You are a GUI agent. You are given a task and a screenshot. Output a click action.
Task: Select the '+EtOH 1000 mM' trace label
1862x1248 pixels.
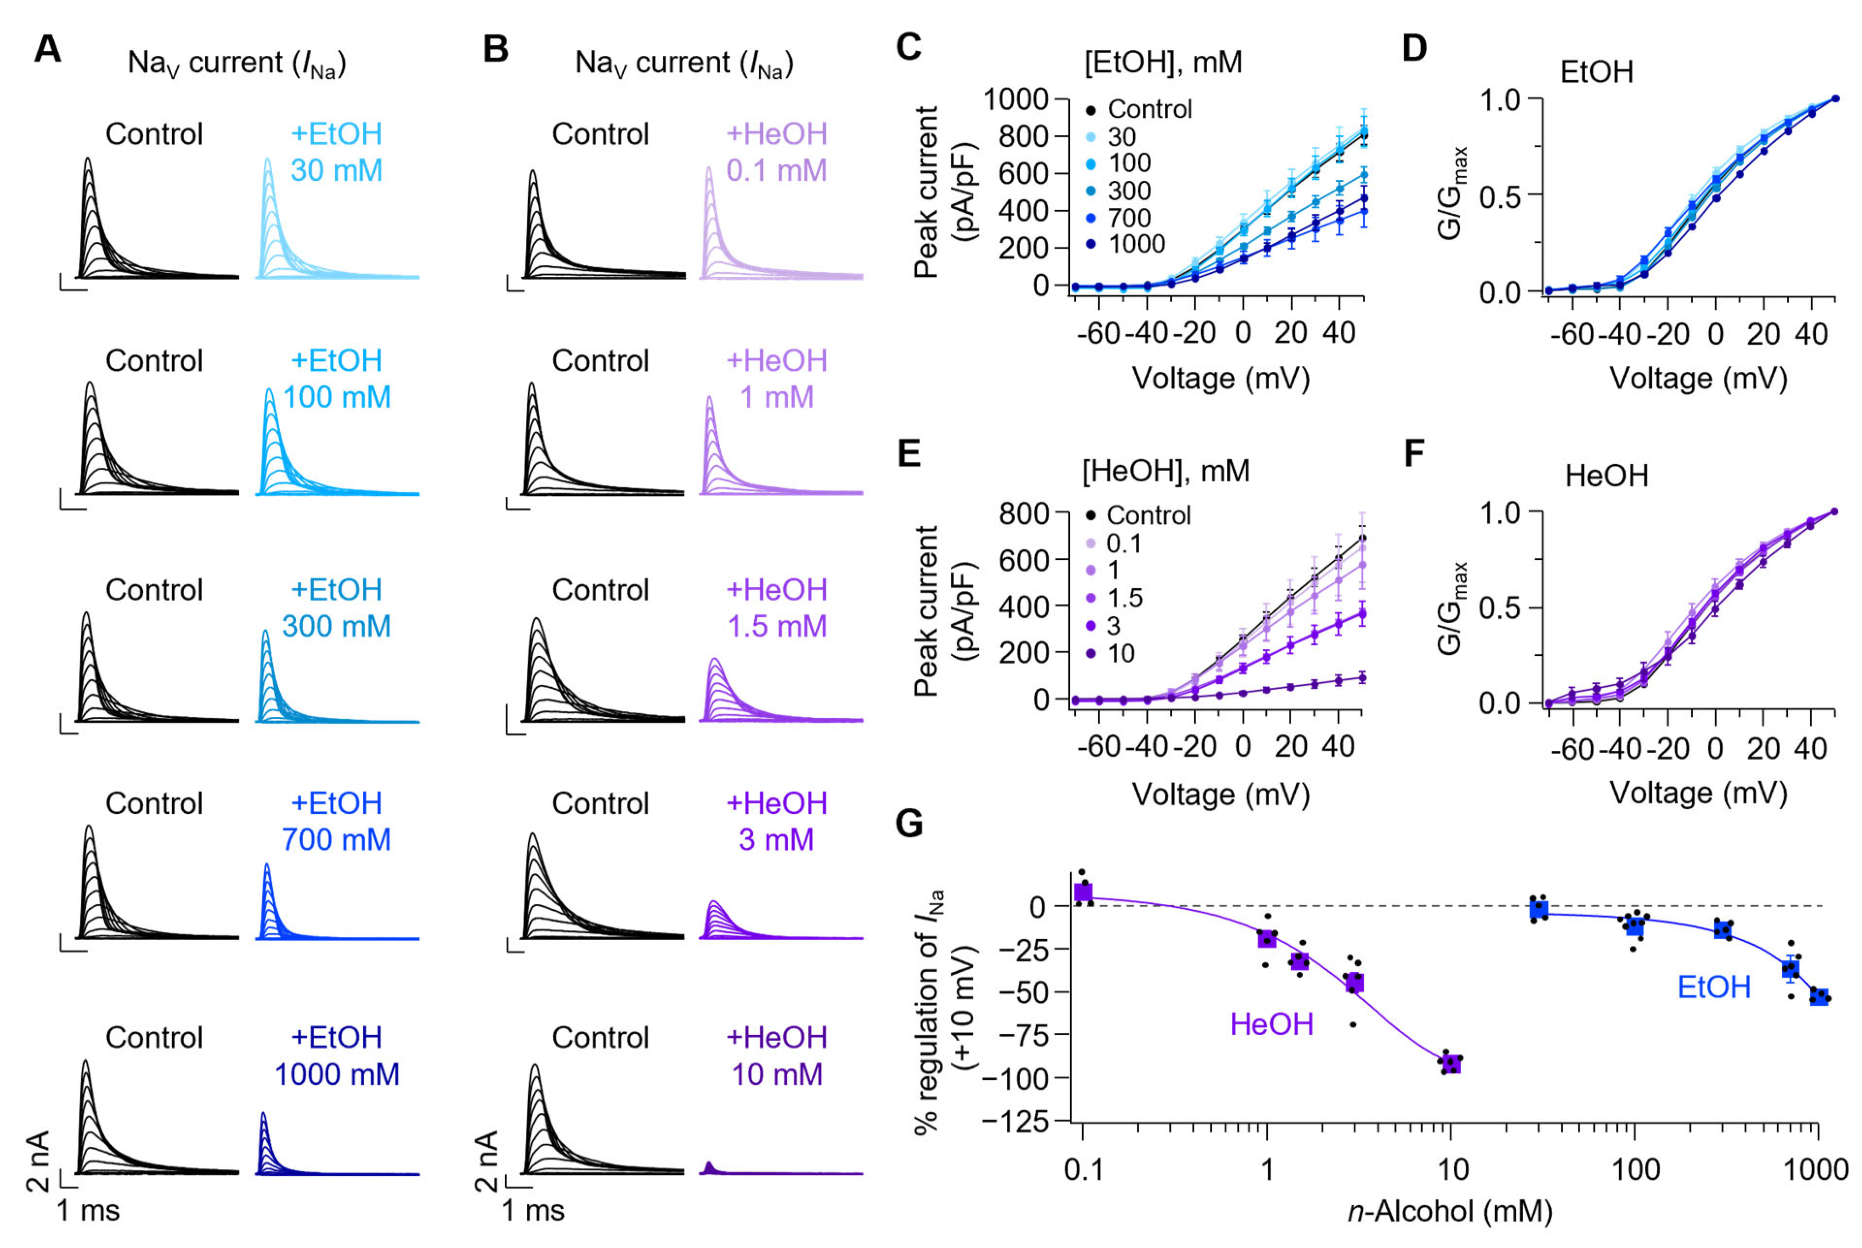pyautogui.click(x=337, y=1056)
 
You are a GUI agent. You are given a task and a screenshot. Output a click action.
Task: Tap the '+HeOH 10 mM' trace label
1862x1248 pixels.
pyautogui.click(x=777, y=1056)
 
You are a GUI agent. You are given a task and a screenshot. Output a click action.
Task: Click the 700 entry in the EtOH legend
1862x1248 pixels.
pyautogui.click(x=1128, y=217)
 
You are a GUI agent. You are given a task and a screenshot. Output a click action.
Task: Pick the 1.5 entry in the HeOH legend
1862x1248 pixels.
pyautogui.click(x=1124, y=598)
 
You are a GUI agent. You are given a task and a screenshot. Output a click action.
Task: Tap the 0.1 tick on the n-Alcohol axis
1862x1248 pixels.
pyautogui.click(x=1083, y=1170)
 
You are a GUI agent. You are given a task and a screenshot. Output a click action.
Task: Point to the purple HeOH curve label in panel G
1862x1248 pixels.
pyautogui.click(x=1271, y=1025)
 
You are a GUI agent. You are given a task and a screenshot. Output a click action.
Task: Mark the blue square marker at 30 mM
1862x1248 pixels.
pyautogui.click(x=1539, y=908)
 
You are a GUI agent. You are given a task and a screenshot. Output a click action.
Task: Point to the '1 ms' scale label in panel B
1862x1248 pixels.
pyautogui.click(x=532, y=1211)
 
